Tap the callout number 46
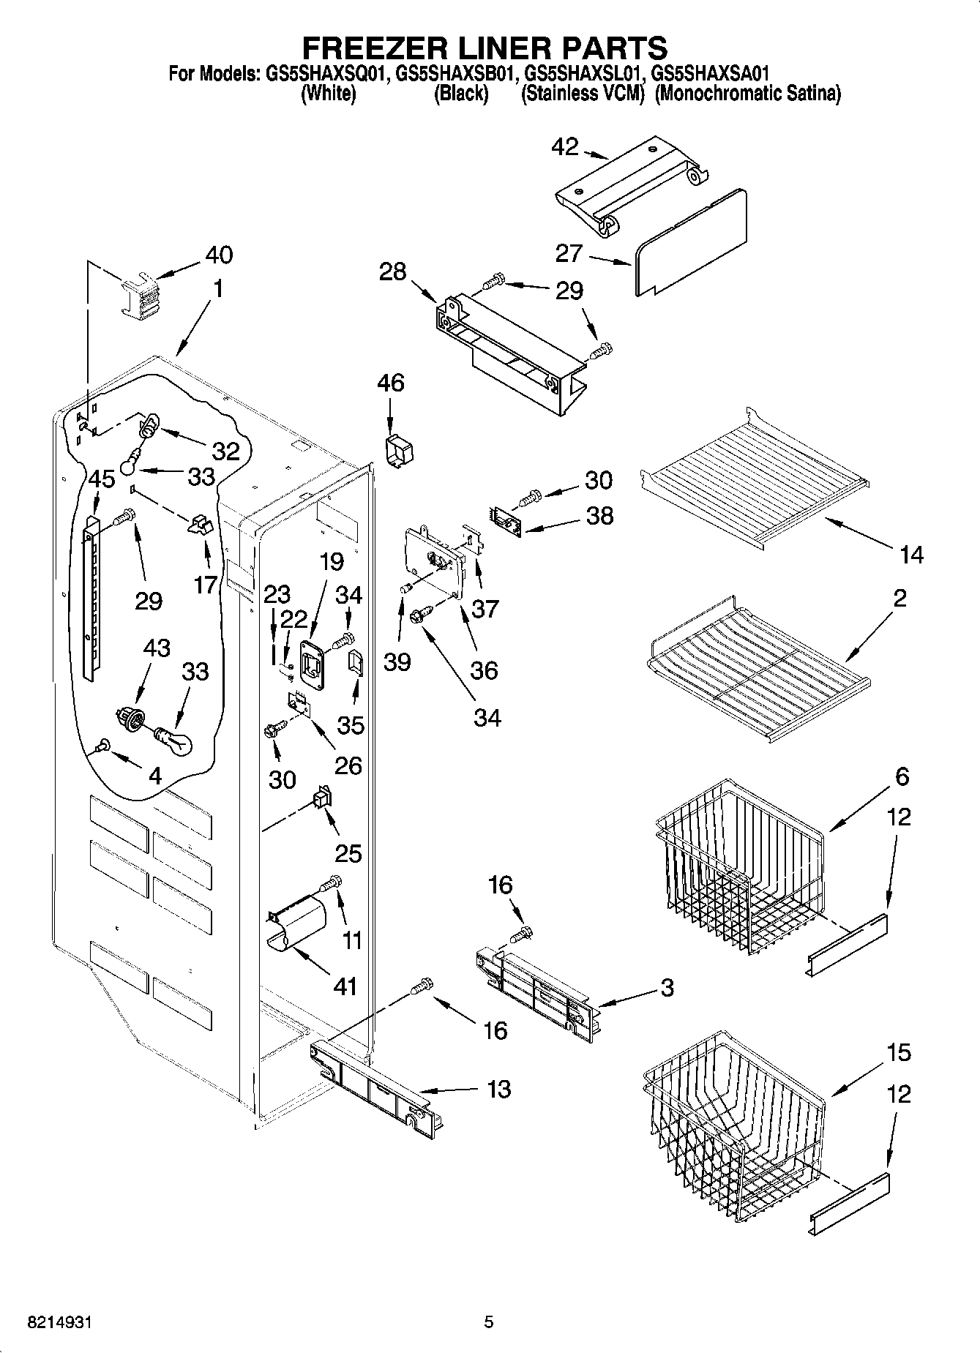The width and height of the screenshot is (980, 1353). point(391,383)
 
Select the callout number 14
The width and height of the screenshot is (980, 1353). point(911,555)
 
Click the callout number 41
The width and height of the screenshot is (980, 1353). point(345,986)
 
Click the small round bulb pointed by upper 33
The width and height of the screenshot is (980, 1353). point(132,462)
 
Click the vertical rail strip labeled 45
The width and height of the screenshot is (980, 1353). point(91,596)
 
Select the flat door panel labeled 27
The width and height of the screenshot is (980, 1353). point(692,241)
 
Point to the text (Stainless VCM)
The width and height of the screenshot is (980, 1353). point(582,94)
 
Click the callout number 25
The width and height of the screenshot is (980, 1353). point(348,852)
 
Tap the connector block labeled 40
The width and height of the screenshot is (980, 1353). point(138,295)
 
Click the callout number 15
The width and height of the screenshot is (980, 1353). point(899,1052)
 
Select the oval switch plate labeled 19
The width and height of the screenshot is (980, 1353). point(312,664)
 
